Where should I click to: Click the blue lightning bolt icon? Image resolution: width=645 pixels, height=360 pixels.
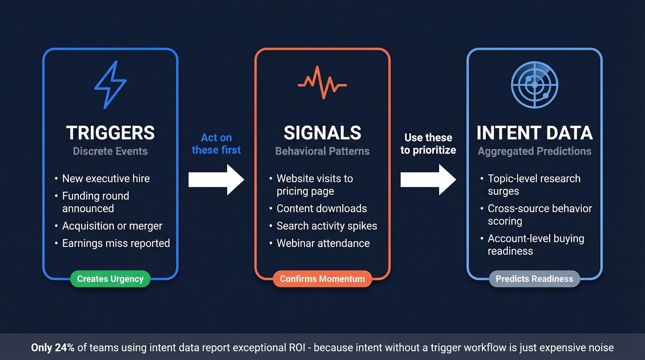[110, 85]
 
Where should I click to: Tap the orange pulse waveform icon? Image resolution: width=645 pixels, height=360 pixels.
[322, 83]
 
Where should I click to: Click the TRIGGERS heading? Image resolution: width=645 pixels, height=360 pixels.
[110, 133]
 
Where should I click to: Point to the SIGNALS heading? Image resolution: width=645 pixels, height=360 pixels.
[322, 133]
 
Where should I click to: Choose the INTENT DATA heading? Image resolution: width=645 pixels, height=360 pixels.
[534, 133]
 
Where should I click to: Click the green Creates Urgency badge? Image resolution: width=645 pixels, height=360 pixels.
[110, 279]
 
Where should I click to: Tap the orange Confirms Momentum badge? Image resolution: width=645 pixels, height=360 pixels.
[322, 279]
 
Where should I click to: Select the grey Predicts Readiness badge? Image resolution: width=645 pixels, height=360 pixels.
[534, 279]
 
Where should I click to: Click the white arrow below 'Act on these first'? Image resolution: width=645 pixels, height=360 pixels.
[216, 180]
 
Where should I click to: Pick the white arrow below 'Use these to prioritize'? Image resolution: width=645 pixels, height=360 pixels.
[428, 180]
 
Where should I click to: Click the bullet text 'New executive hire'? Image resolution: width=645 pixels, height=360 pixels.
[106, 179]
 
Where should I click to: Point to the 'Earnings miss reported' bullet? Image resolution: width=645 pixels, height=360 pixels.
[116, 243]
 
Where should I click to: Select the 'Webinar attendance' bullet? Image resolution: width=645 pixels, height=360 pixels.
[323, 243]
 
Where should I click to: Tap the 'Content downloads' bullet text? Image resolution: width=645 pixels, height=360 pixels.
[322, 208]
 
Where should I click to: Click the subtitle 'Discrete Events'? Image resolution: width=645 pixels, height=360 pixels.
[110, 151]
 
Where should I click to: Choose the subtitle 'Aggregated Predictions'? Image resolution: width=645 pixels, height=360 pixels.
[534, 151]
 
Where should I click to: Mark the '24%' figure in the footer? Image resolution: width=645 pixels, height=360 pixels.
[65, 348]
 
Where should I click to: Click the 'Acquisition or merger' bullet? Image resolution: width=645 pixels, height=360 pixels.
[112, 226]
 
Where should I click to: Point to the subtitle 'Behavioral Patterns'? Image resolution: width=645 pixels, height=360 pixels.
[322, 151]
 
